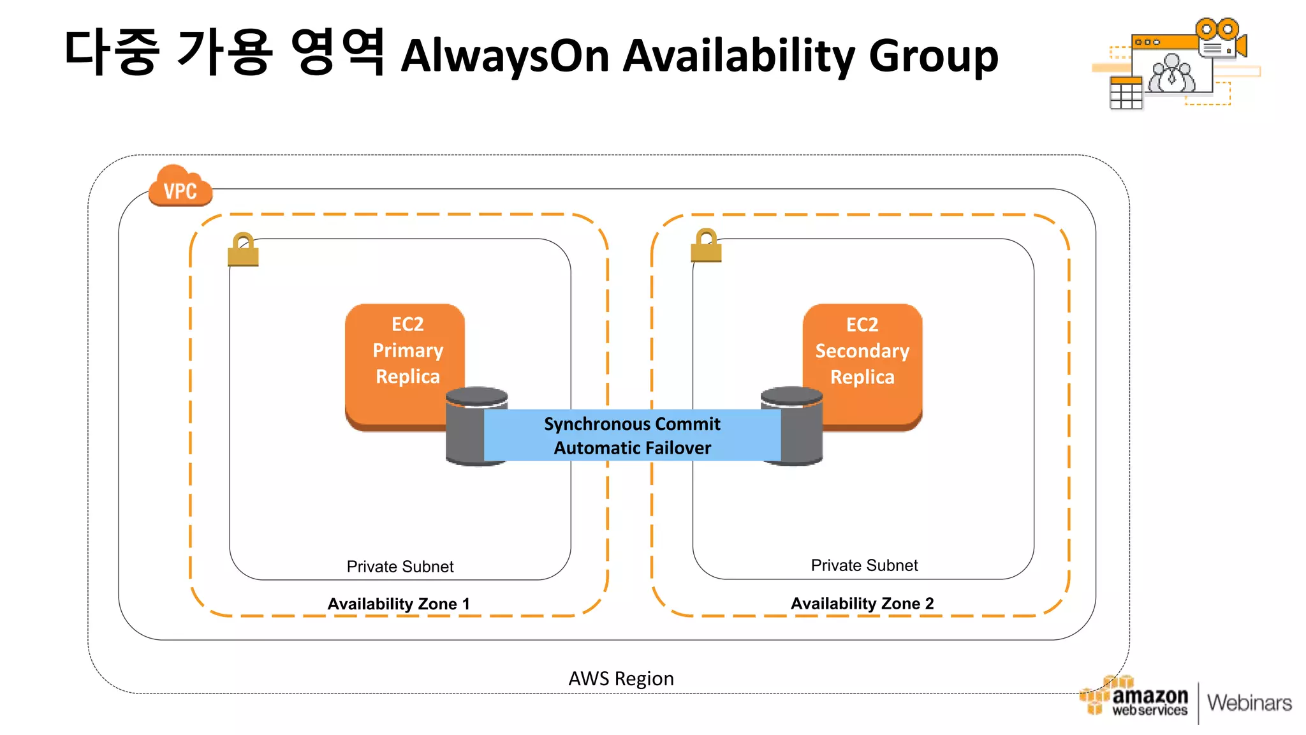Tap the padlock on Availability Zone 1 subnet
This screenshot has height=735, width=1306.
tap(243, 249)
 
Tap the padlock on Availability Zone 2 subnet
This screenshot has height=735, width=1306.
tap(706, 246)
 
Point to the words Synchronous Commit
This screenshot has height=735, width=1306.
tap(631, 424)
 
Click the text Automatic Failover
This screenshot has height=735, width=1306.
tap(631, 448)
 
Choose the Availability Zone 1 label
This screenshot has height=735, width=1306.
tap(399, 604)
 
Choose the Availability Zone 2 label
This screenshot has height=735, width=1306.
tap(862, 603)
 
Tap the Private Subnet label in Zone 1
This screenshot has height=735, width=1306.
tap(400, 567)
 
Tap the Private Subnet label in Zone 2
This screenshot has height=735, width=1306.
tap(864, 565)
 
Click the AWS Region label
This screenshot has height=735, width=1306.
tap(620, 678)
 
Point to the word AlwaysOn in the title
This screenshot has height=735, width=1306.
tap(505, 56)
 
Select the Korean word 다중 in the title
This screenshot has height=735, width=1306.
tap(112, 52)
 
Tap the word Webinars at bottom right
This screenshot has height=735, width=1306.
tap(1249, 702)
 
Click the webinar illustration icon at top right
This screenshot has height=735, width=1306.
tap(1177, 64)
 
